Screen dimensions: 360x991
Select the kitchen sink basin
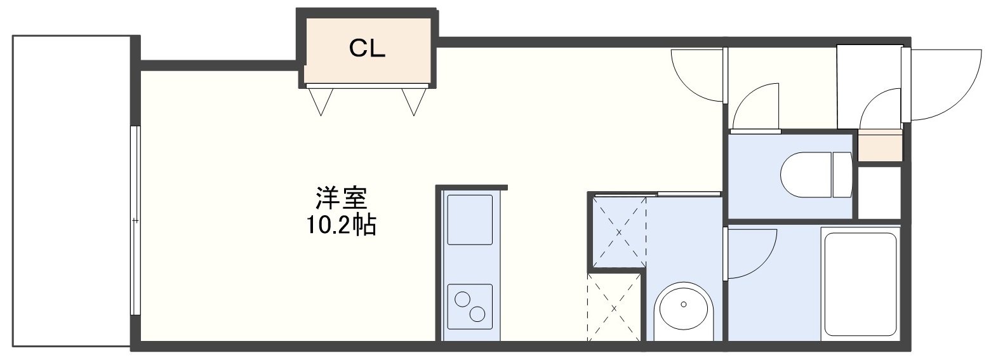[x=470, y=220]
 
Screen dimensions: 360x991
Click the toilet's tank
[x=842, y=173]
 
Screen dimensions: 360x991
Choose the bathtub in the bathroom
[x=860, y=284]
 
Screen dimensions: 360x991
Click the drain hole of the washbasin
[x=684, y=304]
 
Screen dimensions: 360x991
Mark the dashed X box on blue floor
[x=620, y=231]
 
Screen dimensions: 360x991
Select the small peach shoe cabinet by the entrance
[x=879, y=145]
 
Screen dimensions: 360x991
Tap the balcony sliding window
[x=135, y=220]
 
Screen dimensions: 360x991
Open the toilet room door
[x=755, y=108]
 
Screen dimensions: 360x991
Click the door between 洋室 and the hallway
[x=698, y=76]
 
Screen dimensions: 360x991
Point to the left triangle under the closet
[x=321, y=100]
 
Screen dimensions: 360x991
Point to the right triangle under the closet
[x=414, y=100]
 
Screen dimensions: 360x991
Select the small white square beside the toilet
[x=879, y=192]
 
